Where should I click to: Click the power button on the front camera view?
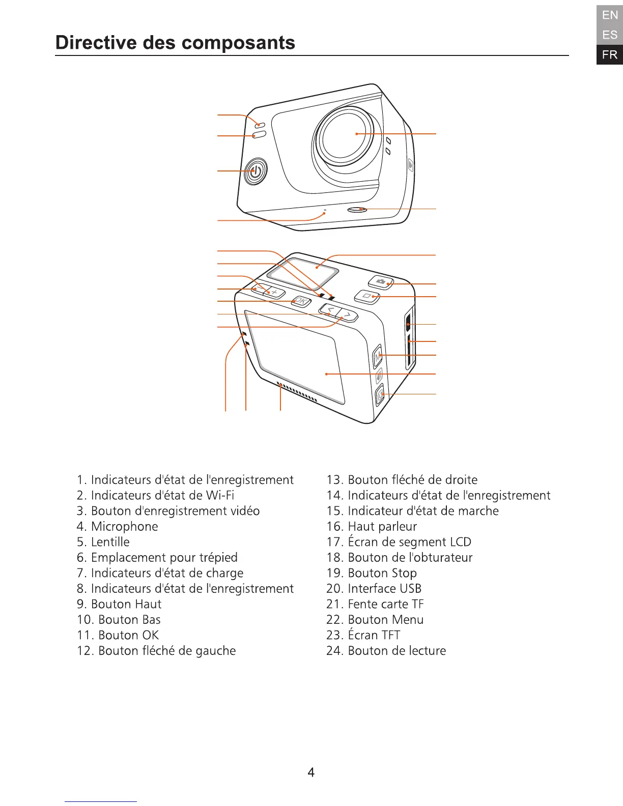(256, 171)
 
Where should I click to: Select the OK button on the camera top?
(301, 301)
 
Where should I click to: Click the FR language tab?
(609, 55)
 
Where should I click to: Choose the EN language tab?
(609, 15)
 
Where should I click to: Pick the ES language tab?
(609, 35)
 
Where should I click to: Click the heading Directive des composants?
(175, 43)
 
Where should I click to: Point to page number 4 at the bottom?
(311, 772)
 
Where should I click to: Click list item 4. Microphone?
(118, 527)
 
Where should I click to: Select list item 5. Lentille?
(103, 542)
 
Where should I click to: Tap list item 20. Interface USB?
(374, 589)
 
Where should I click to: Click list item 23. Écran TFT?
(363, 635)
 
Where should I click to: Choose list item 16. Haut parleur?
(372, 527)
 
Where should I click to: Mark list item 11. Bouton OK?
(118, 635)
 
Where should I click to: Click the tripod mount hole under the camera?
(357, 209)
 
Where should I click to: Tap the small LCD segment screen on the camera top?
(303, 271)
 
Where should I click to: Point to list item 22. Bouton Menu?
(375, 620)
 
